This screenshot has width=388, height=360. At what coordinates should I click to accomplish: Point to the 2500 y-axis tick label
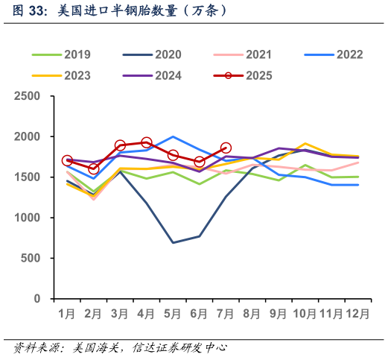(x=28, y=97)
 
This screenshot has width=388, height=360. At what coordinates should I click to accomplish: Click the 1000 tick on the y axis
(x=28, y=218)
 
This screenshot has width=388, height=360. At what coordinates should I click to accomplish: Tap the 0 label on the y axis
(x=37, y=299)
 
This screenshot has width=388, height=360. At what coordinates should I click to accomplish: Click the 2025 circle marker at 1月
(x=67, y=161)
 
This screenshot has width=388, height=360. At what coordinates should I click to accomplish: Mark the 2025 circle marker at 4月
(x=147, y=142)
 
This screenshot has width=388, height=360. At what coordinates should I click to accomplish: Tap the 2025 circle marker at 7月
(x=226, y=148)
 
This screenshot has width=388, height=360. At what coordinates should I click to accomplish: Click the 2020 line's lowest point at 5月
(x=173, y=242)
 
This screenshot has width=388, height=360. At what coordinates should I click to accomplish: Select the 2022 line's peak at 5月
(x=173, y=136)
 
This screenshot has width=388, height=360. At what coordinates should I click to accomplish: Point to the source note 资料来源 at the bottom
(x=119, y=347)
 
